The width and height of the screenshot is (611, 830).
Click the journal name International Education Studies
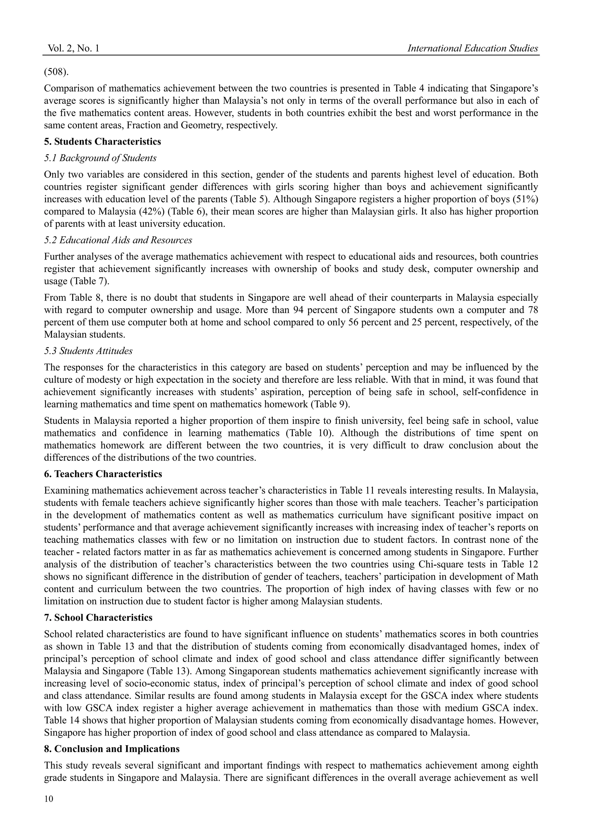[472, 48]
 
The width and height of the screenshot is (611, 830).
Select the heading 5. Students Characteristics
[102, 142]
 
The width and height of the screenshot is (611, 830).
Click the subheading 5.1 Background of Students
[100, 158]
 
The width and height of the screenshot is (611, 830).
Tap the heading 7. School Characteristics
[98, 618]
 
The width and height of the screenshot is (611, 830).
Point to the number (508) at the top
[56, 72]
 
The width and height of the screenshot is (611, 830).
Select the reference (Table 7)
[90, 281]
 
